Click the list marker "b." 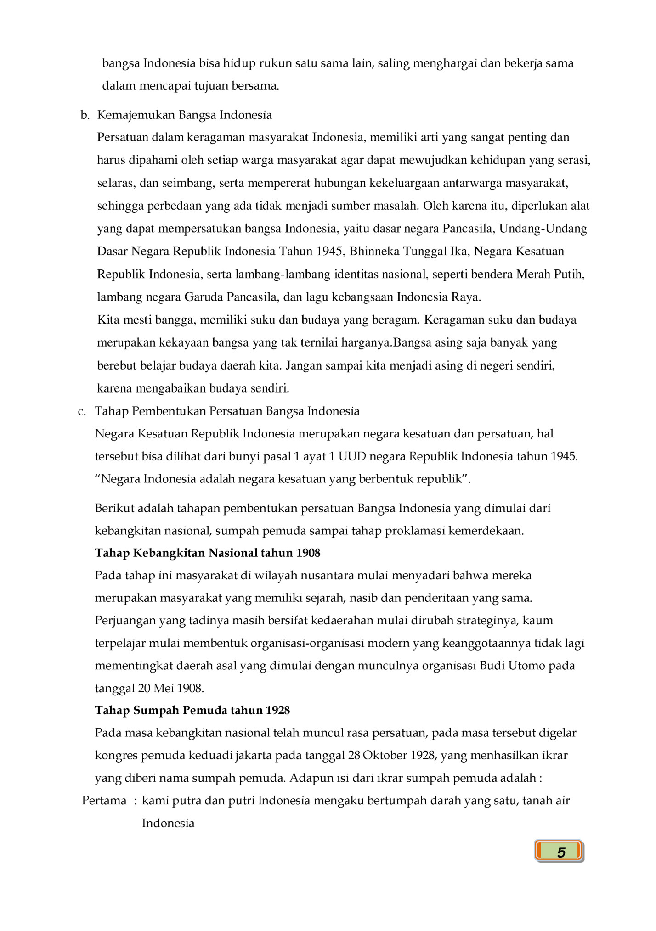pos(85,115)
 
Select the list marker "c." pos(82,411)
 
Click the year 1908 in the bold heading pos(308,553)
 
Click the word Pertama pos(104,801)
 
